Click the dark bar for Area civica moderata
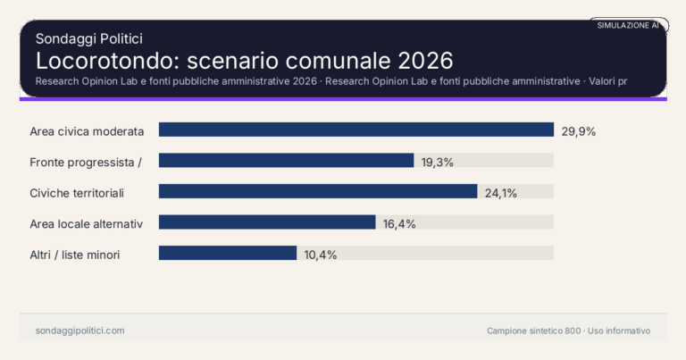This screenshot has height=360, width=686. [x=356, y=130]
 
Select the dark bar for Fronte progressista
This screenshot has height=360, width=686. [x=286, y=161]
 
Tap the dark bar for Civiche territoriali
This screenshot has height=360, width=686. [x=318, y=191]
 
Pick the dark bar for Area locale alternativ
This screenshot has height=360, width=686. [x=267, y=222]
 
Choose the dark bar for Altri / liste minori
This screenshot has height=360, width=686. [x=228, y=253]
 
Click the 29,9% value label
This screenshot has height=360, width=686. [x=578, y=130]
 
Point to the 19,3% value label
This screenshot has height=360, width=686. [x=438, y=162]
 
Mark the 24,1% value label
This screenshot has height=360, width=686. [x=501, y=192]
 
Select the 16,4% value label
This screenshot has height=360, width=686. [x=399, y=223]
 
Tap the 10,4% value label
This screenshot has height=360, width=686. [x=321, y=255]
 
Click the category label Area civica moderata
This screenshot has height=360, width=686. [x=87, y=130]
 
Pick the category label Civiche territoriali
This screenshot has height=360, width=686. [x=77, y=192]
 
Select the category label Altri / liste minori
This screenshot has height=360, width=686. [x=75, y=255]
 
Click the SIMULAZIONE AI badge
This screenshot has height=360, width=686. [x=628, y=26]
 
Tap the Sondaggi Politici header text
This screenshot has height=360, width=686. [x=89, y=38]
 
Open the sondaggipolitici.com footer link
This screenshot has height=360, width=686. [x=79, y=331]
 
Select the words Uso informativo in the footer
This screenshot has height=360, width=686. [x=619, y=331]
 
